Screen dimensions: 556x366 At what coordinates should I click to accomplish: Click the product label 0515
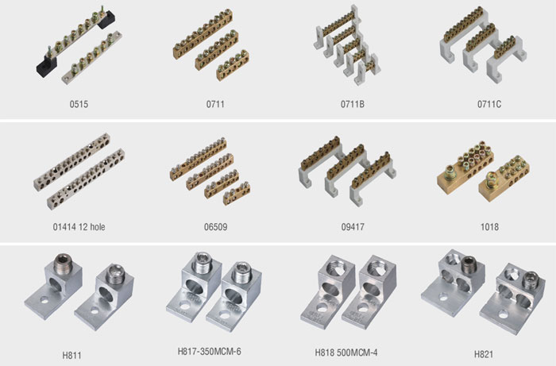(x=79, y=104)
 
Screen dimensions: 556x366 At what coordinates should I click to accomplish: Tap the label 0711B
(x=353, y=104)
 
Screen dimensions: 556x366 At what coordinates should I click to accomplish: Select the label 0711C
(x=489, y=104)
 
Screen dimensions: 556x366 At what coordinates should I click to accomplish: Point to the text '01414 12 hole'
(x=79, y=227)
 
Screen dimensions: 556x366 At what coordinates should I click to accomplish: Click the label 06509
(x=215, y=227)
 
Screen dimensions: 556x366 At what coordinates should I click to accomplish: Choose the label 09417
(x=353, y=227)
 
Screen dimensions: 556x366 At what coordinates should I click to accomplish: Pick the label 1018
(x=489, y=227)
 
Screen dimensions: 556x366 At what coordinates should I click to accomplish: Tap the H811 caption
(x=71, y=355)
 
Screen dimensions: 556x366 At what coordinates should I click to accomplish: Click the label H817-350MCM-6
(x=209, y=352)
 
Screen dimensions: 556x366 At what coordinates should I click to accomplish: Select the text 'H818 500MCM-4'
(x=346, y=353)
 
